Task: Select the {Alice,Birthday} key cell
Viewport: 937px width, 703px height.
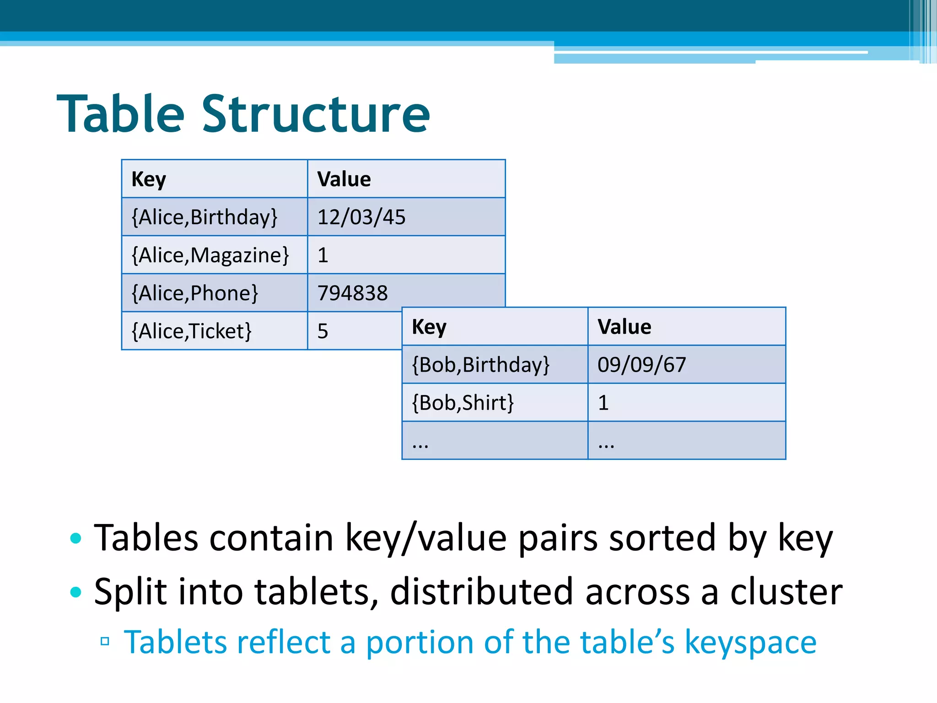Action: [205, 217]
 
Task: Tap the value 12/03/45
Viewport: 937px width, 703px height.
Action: [361, 217]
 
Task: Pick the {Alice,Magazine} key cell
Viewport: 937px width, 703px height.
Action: [210, 255]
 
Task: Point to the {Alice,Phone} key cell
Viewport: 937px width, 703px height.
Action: [195, 293]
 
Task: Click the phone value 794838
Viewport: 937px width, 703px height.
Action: [353, 293]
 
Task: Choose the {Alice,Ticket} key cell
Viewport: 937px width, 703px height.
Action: [192, 331]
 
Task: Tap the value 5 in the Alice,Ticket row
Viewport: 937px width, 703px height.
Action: [323, 331]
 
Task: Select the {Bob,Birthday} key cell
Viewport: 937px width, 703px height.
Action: [481, 365]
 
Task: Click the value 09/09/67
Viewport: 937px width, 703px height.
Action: [642, 365]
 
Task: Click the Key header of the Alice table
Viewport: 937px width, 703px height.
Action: [149, 179]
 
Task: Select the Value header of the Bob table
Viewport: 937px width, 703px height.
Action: [625, 327]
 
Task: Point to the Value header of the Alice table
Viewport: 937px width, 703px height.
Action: [344, 179]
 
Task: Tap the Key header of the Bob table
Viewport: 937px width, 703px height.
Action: [429, 327]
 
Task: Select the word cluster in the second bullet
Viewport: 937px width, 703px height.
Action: [786, 591]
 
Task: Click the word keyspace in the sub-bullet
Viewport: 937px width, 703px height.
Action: [750, 642]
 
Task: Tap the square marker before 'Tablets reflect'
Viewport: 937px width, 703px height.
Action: [105, 641]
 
